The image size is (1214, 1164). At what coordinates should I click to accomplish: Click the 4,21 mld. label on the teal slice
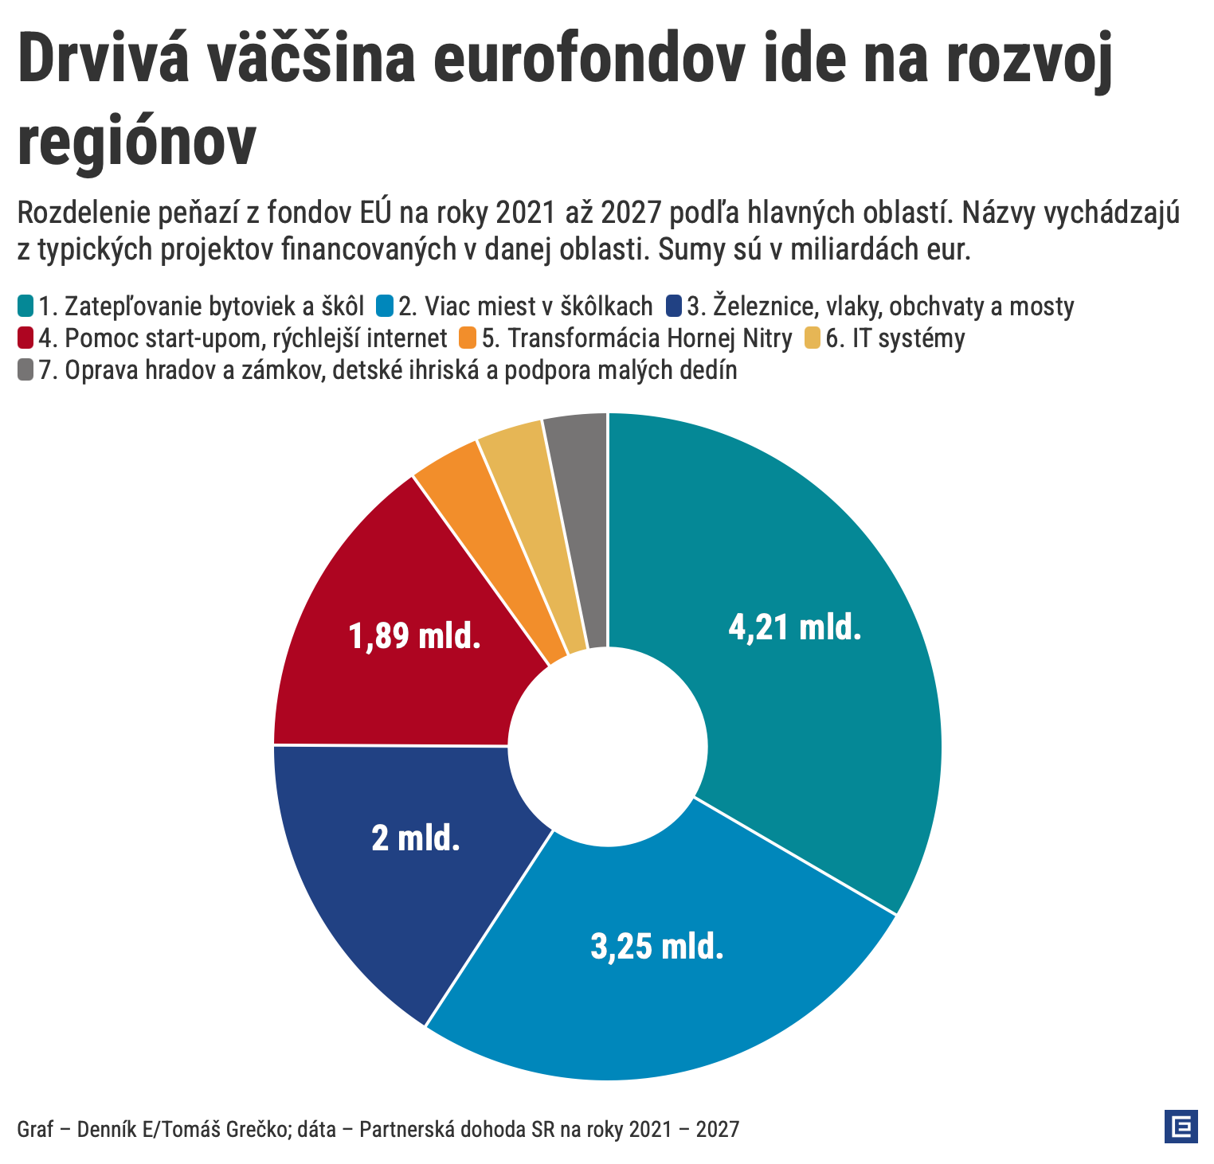pyautogui.click(x=795, y=627)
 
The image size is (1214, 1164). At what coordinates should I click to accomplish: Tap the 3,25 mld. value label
pyautogui.click(x=657, y=946)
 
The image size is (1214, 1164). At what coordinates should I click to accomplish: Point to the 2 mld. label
pyautogui.click(x=416, y=838)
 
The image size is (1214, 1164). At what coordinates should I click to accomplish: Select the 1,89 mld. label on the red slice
pyautogui.click(x=415, y=636)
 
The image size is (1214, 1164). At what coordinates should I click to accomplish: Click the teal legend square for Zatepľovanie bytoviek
pyautogui.click(x=25, y=306)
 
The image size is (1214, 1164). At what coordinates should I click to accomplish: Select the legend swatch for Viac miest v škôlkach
pyautogui.click(x=386, y=306)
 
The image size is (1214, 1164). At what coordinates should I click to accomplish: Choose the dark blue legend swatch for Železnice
pyautogui.click(x=675, y=306)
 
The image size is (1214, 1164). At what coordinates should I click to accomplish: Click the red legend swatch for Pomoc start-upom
pyautogui.click(x=25, y=338)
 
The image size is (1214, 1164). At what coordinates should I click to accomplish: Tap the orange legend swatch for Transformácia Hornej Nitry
pyautogui.click(x=468, y=338)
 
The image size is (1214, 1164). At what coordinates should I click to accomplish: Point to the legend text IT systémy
pyautogui.click(x=895, y=338)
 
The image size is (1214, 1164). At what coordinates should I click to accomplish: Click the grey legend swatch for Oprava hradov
pyautogui.click(x=25, y=370)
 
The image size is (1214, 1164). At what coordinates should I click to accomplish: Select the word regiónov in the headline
pyautogui.click(x=137, y=140)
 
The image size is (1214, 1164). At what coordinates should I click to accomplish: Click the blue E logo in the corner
pyautogui.click(x=1181, y=1126)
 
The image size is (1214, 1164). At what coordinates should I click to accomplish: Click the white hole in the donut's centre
pyautogui.click(x=608, y=747)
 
